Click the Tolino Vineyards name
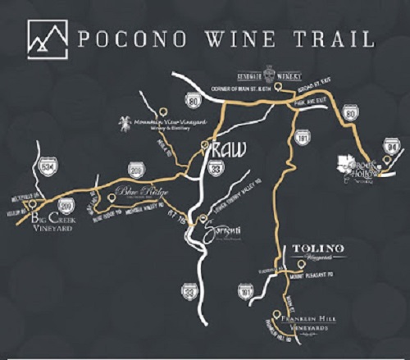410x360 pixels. pos(319,251)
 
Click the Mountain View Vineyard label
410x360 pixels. pos(167,124)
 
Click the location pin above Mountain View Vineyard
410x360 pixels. pos(163,111)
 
